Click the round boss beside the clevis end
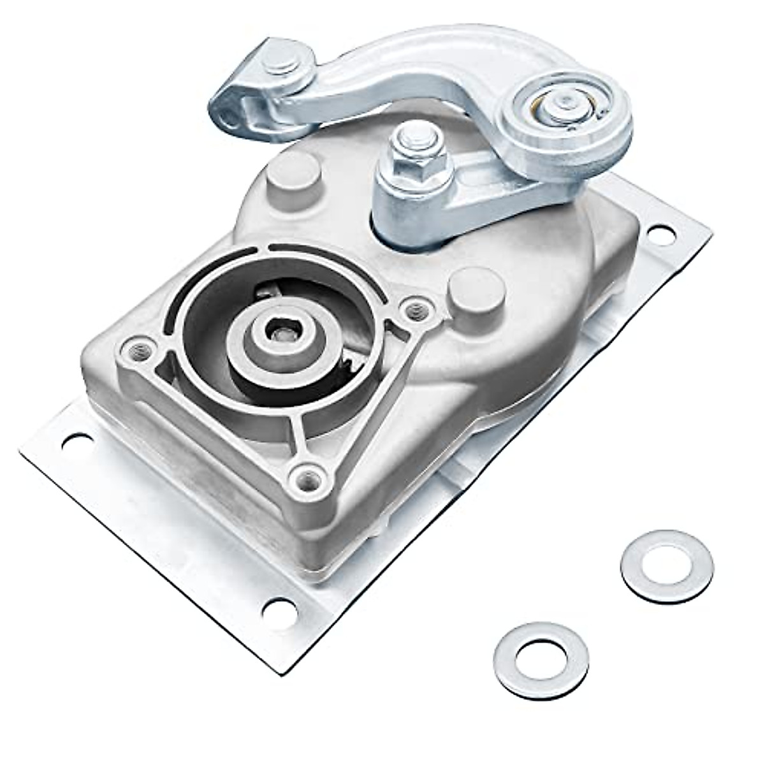(x=293, y=173)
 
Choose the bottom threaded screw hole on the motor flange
(x=305, y=474)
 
